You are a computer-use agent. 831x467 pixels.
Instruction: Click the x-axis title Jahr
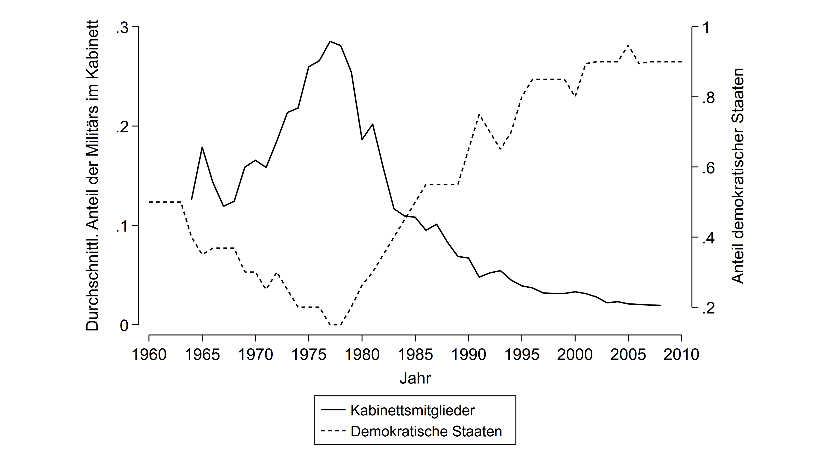[415, 378]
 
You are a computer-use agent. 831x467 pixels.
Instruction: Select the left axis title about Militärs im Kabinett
[93, 176]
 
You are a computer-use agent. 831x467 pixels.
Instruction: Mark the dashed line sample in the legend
[333, 431]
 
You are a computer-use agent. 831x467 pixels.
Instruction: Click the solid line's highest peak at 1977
[330, 41]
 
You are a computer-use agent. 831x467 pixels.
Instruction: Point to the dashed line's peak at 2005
[628, 45]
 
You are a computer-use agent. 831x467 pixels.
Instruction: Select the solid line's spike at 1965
[202, 147]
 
